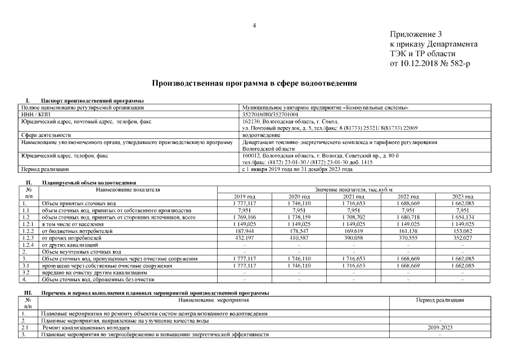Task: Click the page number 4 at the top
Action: coord(254,25)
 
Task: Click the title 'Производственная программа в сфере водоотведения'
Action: coord(255,83)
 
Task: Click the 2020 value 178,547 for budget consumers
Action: coord(299,231)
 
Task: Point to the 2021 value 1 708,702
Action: coord(353,217)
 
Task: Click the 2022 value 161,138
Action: coord(408,231)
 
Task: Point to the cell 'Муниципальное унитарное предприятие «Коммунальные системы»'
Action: coord(324,107)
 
